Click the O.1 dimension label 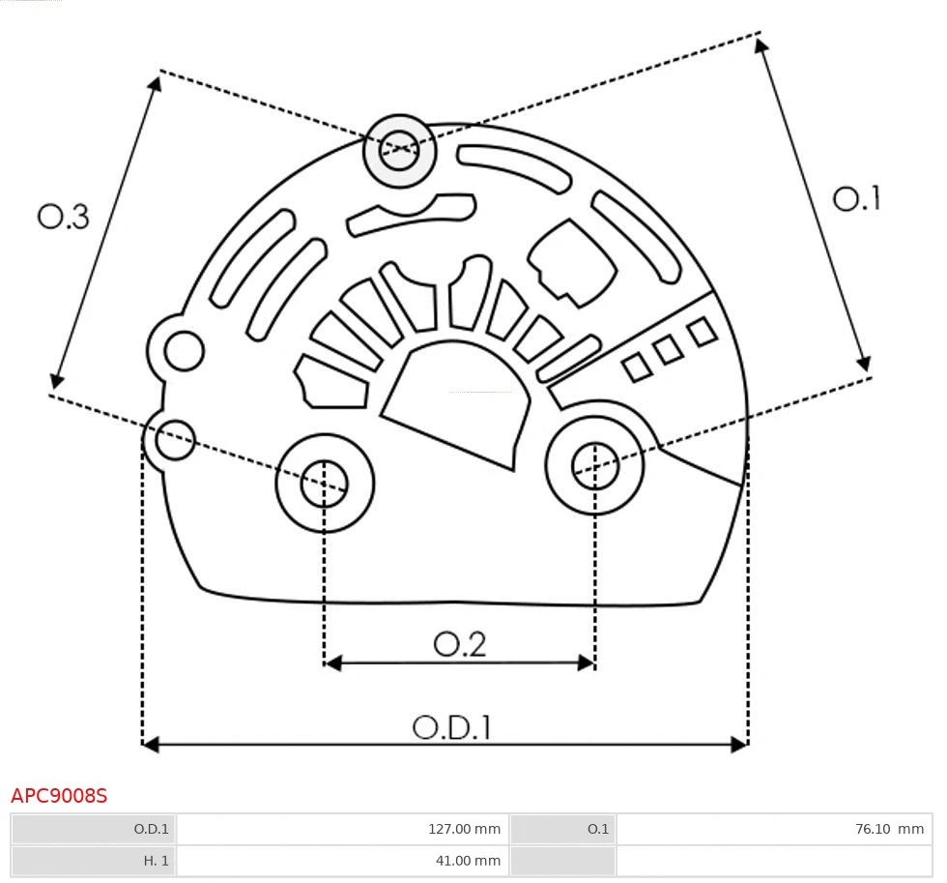coord(856,199)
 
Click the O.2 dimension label coord(459,644)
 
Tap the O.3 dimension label coord(64,217)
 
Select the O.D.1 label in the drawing coord(451,727)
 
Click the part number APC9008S coord(59,796)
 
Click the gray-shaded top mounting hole coord(399,150)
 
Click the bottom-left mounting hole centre coord(325,483)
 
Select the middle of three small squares coord(668,350)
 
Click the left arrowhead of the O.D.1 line coord(148,744)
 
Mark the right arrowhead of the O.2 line coord(588,662)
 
